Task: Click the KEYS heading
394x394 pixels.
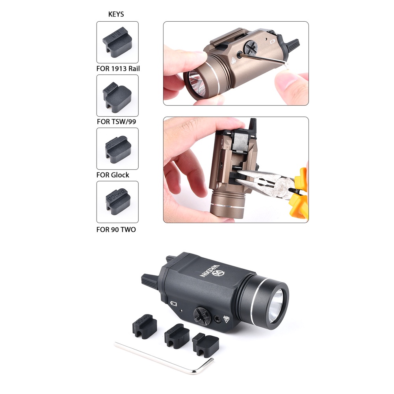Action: [x=116, y=14]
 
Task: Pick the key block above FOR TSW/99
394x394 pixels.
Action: [x=117, y=96]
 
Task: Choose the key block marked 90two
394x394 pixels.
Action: [x=117, y=201]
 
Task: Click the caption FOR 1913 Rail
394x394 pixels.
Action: [x=118, y=68]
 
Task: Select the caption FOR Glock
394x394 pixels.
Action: [x=113, y=175]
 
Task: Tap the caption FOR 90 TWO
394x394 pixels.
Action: [x=116, y=229]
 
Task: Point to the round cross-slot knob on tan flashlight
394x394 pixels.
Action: [x=251, y=47]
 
